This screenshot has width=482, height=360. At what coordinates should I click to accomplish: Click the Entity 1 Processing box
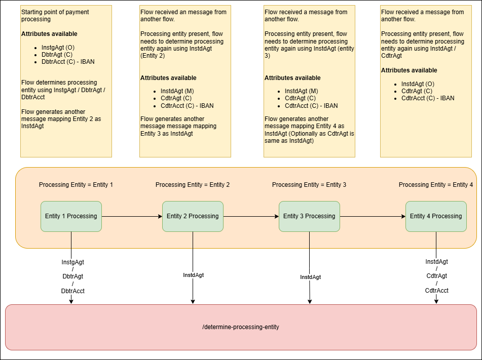tap(71, 216)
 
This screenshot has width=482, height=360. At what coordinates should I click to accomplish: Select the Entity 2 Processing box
tap(193, 216)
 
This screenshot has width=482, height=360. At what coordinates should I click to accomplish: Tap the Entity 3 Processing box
tap(309, 216)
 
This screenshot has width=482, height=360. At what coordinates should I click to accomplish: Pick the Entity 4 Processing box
tap(436, 216)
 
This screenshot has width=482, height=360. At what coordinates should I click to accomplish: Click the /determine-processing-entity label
tap(241, 327)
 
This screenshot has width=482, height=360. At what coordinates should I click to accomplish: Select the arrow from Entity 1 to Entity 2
tap(132, 216)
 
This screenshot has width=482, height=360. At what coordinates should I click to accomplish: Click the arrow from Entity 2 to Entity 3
tap(251, 216)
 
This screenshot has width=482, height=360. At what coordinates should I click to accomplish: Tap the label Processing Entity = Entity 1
tap(76, 185)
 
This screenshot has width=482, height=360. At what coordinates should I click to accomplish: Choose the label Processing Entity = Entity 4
tap(435, 185)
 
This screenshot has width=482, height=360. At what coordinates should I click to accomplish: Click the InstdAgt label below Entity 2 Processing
tap(193, 275)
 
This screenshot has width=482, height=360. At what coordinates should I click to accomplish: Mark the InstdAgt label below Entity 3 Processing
tap(310, 277)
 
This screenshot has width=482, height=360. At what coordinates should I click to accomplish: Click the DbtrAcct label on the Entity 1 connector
tap(72, 291)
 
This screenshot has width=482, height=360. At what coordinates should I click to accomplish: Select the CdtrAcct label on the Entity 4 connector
tap(436, 291)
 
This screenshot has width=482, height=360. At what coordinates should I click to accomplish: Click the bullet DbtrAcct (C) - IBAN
tap(68, 62)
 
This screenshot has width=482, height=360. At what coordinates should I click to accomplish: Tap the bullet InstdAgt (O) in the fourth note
tap(418, 84)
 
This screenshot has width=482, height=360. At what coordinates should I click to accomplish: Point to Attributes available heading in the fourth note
tap(409, 70)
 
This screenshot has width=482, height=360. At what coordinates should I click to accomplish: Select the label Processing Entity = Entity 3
tap(309, 185)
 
